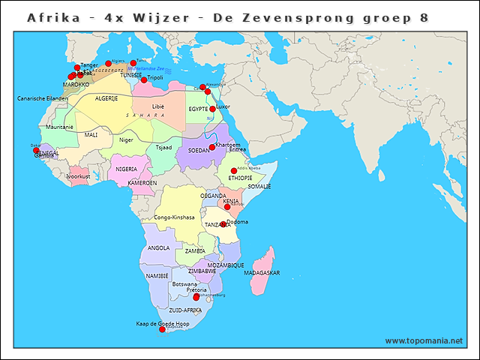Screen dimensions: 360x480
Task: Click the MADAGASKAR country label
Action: click(x=262, y=273)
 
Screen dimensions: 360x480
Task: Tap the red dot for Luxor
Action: click(x=212, y=109)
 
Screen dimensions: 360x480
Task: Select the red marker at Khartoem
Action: click(x=212, y=147)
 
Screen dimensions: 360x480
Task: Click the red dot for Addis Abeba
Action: click(x=234, y=171)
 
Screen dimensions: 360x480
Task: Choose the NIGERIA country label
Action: click(x=126, y=169)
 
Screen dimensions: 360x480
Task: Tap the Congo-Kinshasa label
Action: click(x=174, y=217)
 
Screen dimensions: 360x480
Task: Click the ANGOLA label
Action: click(x=158, y=247)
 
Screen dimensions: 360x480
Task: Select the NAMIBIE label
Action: click(x=157, y=276)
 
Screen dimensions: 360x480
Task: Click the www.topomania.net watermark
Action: click(x=424, y=341)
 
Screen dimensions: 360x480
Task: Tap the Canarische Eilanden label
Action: click(x=43, y=98)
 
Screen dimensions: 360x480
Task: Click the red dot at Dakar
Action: click(x=36, y=151)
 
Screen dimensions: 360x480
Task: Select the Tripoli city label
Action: click(x=154, y=77)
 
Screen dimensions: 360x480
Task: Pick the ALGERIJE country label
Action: click(x=106, y=98)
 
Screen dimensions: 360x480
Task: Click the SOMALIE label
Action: click(x=259, y=186)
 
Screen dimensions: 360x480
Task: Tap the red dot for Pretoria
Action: click(x=196, y=297)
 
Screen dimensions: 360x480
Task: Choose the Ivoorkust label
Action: click(x=78, y=176)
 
